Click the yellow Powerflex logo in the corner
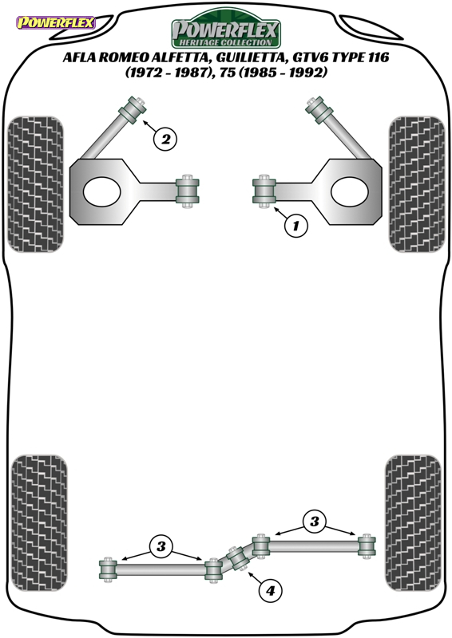pos(55,22)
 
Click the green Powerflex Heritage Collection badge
pos(226,29)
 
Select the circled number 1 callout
pos(295,225)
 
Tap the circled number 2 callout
pos(165,139)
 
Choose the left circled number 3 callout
pos(161,545)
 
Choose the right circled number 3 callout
pos(314,521)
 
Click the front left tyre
pos(36,184)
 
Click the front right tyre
pos(417,184)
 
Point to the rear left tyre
pos(39,523)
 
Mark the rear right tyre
pos(413,523)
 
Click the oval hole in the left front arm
pos(102,191)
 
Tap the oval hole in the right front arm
pos(350,191)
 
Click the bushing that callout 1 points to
pos(264,191)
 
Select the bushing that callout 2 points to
pos(133,109)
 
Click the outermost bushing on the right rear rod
pos(367,546)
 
